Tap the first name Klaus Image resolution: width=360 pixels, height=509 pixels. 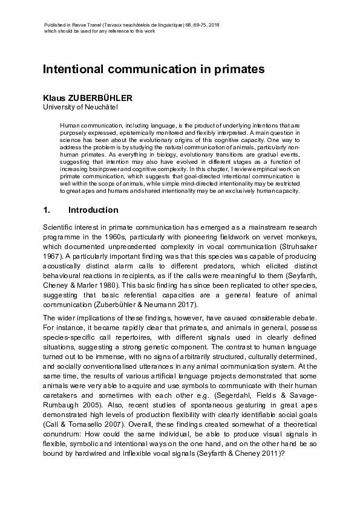pos(54,98)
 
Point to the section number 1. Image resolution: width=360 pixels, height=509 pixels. pos(46,210)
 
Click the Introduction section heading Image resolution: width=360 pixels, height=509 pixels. pos(93,210)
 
